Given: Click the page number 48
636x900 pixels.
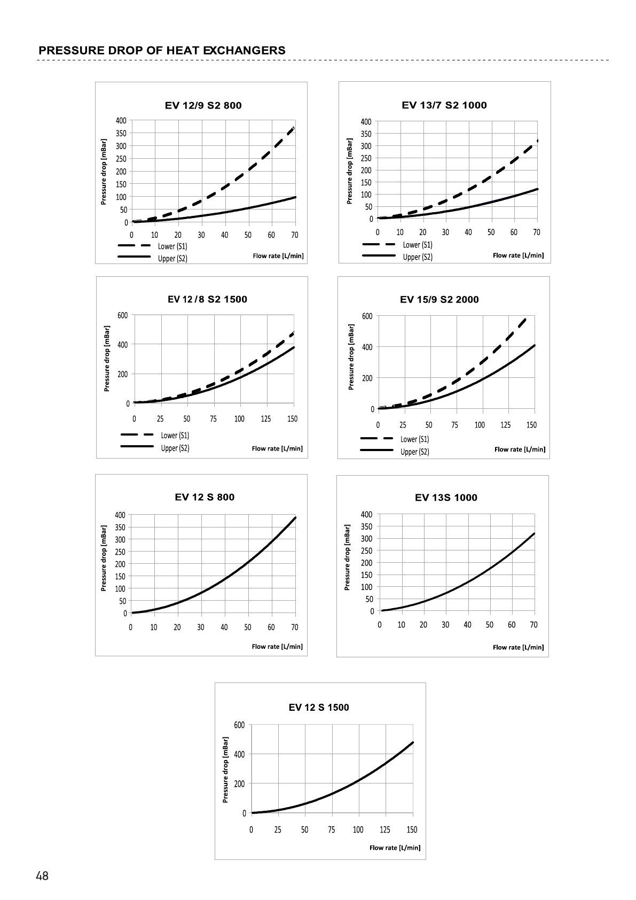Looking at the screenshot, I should coord(42,876).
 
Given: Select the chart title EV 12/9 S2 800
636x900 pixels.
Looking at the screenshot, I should coord(203,105).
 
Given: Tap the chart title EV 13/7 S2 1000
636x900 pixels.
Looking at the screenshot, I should coord(444,105).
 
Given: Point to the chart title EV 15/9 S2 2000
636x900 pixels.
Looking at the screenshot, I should coord(439,299).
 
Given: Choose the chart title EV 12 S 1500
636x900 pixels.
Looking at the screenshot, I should coord(319,708).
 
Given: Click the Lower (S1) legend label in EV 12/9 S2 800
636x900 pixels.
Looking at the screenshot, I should coord(172,246).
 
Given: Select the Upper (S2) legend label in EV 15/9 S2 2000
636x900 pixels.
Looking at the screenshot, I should coord(415,452).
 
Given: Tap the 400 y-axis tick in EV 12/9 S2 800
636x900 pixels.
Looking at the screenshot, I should coord(122,120).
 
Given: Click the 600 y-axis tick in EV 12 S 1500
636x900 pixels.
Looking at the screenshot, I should coord(239,725).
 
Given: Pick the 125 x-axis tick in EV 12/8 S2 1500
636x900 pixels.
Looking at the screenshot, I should coord(266,418).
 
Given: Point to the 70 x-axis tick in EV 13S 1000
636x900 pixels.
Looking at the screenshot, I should coord(533,624).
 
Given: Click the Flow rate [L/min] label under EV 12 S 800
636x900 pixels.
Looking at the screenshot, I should coord(277,647).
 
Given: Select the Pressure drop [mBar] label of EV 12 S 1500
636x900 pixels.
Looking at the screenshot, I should coord(225,770).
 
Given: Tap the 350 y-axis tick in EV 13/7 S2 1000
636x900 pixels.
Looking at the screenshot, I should coord(366,134).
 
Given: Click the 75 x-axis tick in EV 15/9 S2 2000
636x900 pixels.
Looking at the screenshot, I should coord(454,425).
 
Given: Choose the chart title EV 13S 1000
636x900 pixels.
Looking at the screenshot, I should coord(446,498).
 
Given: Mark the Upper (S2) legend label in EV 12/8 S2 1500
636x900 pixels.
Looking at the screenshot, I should coord(175,448).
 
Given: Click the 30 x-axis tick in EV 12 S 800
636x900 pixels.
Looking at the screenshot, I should coord(201,627).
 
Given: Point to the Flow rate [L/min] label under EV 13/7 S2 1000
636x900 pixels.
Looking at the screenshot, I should coord(518,255).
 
